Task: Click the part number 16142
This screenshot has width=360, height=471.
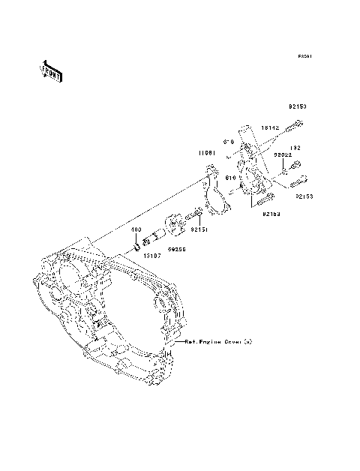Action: [x=271, y=128]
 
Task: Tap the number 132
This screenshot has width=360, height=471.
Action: [x=296, y=148]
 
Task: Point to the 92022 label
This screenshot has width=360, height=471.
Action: [x=281, y=154]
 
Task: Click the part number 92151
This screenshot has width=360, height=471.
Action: [x=199, y=229]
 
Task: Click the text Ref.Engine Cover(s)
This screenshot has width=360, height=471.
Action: [x=217, y=341]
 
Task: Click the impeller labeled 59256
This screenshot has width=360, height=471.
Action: [x=174, y=224]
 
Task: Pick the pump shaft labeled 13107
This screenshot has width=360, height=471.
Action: [x=153, y=239]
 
